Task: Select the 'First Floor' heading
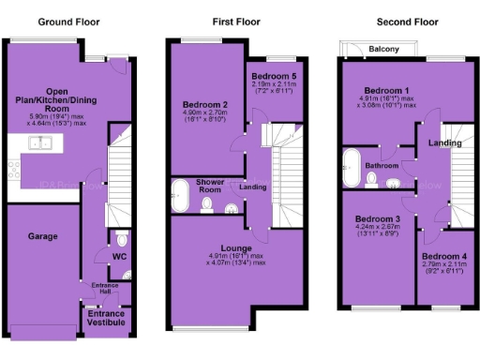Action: click(230, 21)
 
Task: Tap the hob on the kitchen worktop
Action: click(12, 171)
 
